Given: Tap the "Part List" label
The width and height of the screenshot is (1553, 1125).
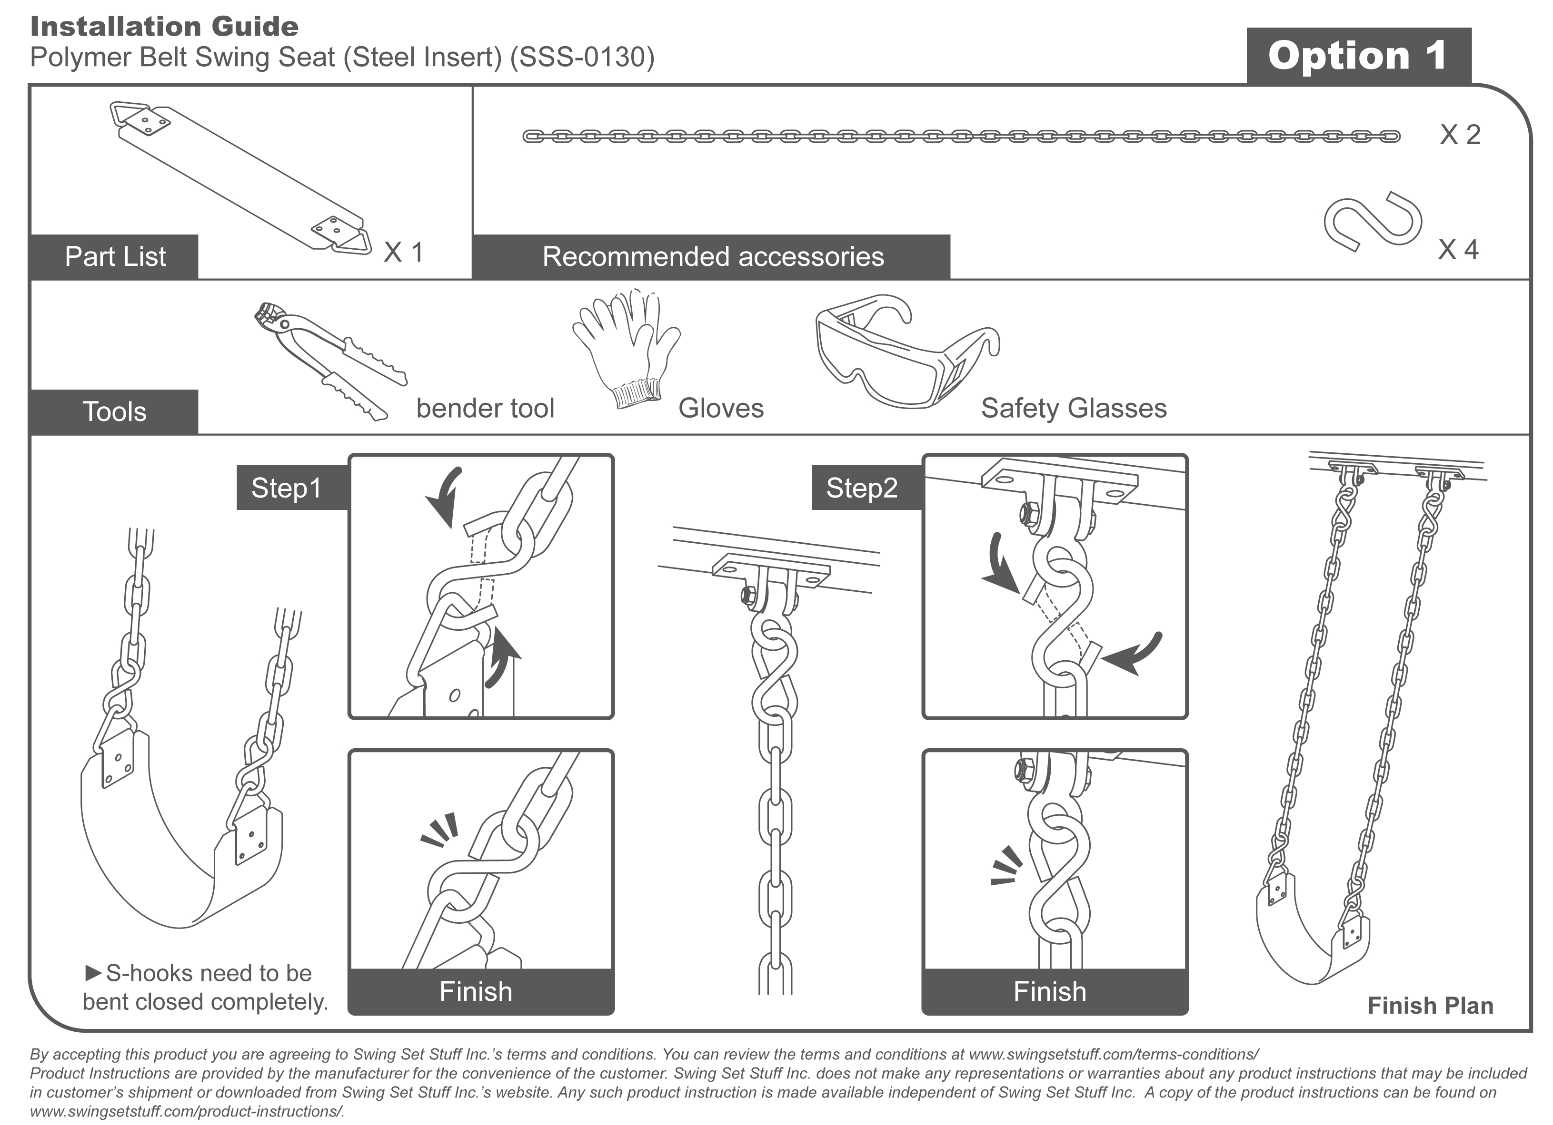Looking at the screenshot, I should coord(115,256).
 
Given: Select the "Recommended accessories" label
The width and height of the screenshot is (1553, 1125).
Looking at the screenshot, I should coord(712,256).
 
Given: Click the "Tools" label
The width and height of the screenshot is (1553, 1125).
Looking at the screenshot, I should coord(114,412).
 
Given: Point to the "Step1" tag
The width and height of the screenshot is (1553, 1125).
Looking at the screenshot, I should coord(286,488).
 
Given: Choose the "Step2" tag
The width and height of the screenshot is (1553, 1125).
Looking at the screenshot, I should coord(861,488).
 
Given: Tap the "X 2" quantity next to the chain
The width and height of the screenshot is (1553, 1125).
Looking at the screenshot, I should coord(1460,135).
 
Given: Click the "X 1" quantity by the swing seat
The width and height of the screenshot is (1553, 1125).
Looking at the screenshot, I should coord(403,253).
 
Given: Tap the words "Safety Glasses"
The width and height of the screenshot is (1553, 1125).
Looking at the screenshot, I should coord(1073,409).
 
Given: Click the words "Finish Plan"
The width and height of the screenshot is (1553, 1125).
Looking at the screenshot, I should coord(1430,1005).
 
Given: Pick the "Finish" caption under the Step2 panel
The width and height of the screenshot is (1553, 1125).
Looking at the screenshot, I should coord(1050,991).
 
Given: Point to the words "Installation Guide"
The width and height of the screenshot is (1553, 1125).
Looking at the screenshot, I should coord(164,27).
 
